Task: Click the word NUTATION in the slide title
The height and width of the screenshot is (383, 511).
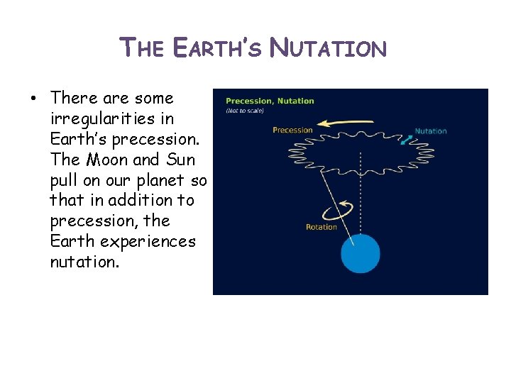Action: (330, 48)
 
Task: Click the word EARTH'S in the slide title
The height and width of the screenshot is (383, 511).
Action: (220, 48)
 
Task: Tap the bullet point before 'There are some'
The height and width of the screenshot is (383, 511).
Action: (34, 98)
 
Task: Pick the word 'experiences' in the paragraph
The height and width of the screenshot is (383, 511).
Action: (148, 242)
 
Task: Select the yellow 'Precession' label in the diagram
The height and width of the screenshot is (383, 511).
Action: (292, 130)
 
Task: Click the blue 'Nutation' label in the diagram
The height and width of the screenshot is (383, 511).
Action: (430, 131)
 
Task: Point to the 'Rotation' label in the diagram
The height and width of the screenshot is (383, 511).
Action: (321, 227)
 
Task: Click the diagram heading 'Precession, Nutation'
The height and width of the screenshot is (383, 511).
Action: (270, 101)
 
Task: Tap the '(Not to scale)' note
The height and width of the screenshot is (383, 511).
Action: (245, 111)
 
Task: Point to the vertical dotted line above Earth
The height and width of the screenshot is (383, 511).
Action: (362, 199)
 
